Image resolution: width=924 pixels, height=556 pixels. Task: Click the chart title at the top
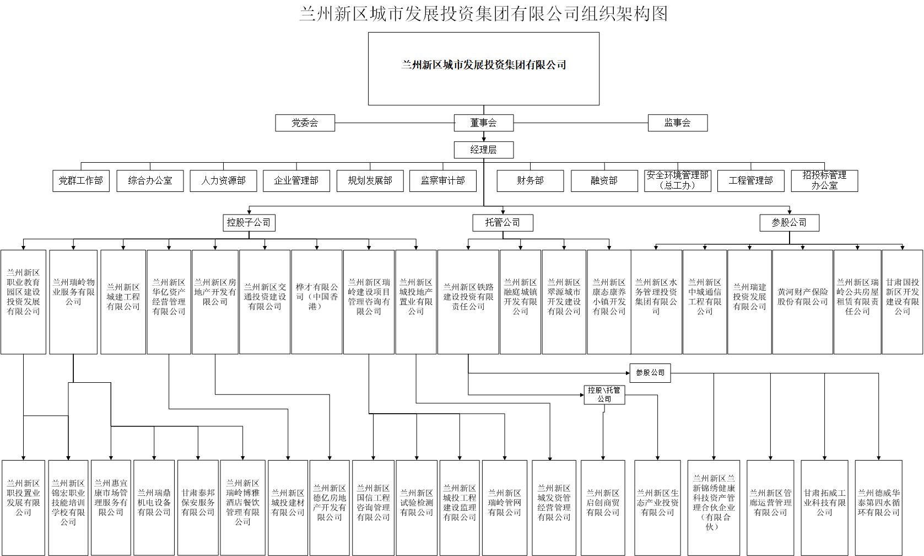(x=483, y=13)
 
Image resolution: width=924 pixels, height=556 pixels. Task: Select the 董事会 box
(x=483, y=123)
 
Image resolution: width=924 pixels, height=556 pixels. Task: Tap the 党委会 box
(x=305, y=123)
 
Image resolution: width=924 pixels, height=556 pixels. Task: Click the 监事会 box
(x=677, y=123)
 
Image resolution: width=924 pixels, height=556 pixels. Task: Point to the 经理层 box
(x=483, y=150)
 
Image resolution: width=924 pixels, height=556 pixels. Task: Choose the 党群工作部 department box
(x=81, y=181)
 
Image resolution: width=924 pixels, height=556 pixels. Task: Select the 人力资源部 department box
(x=223, y=181)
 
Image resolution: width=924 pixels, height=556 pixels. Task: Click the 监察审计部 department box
(x=442, y=181)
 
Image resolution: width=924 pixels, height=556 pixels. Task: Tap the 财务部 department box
(x=530, y=181)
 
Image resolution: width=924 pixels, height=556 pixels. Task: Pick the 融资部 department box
(x=604, y=181)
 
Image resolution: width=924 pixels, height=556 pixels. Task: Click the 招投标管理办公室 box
(x=824, y=181)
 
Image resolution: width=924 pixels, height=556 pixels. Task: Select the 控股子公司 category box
(x=248, y=223)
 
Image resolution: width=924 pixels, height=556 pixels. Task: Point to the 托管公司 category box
(x=502, y=223)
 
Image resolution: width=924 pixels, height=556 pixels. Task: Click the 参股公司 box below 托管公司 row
(x=650, y=373)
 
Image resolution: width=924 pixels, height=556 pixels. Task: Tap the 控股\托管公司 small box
(x=604, y=395)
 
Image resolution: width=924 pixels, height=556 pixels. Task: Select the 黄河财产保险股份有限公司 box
(x=802, y=302)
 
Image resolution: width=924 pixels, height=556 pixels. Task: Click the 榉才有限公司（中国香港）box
(x=316, y=302)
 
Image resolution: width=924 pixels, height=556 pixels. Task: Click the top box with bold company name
(x=483, y=68)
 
